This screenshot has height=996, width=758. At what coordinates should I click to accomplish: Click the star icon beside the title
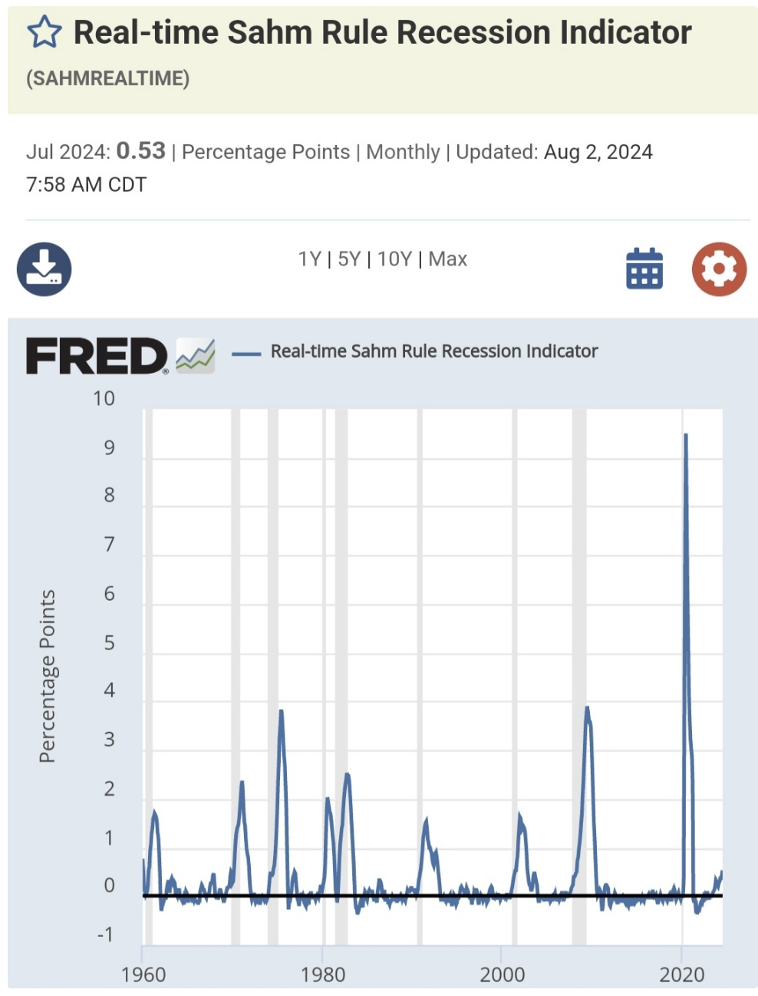[x=44, y=33]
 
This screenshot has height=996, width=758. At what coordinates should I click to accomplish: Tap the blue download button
[x=44, y=269]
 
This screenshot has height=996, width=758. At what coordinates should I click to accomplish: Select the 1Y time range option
[x=309, y=259]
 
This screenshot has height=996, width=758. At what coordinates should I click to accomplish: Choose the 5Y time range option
[x=349, y=259]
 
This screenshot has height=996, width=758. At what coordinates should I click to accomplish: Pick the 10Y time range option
[x=394, y=259]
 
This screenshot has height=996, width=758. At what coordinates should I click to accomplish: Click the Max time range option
[x=448, y=259]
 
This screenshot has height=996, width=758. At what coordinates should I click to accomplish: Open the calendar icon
[x=644, y=269]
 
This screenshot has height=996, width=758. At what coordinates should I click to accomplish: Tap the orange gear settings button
[x=719, y=269]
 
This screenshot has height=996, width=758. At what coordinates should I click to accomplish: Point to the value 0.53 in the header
[x=141, y=150]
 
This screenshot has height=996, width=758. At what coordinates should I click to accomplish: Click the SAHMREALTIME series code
[x=107, y=78]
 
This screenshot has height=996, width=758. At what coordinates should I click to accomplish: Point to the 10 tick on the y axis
[x=104, y=399]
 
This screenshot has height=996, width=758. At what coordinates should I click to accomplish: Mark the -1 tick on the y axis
[x=105, y=935]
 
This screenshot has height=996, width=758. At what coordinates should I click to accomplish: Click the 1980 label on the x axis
[x=323, y=975]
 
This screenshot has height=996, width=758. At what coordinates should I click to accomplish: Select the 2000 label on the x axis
[x=503, y=975]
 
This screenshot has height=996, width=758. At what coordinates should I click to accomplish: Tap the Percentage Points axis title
[x=48, y=676]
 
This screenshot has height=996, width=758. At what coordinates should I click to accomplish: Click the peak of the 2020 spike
[x=685, y=435]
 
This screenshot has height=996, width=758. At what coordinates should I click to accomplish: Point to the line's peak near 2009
[x=587, y=707]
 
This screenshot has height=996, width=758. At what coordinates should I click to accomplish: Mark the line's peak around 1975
[x=281, y=711]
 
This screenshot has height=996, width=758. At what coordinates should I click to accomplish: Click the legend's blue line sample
[x=246, y=353]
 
